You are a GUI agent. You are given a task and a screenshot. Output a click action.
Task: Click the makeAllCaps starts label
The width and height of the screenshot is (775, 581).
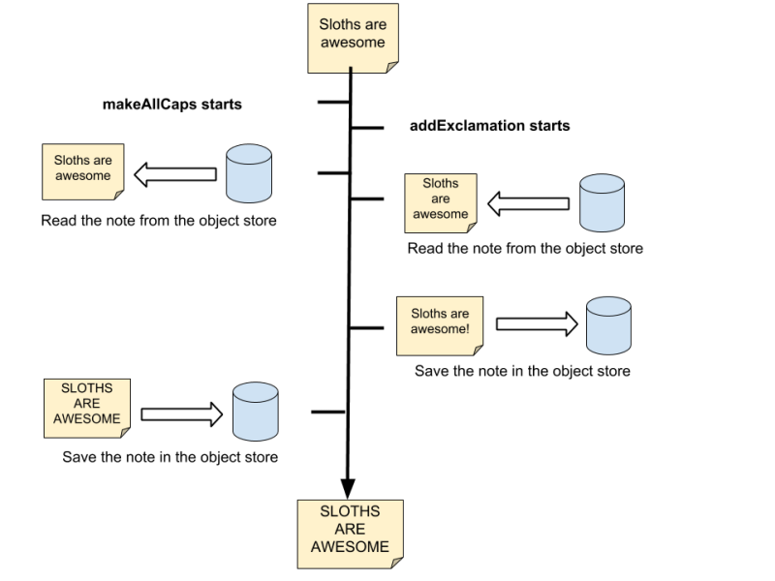[x=172, y=105]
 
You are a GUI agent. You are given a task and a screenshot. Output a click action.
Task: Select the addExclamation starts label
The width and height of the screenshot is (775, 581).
[x=490, y=126]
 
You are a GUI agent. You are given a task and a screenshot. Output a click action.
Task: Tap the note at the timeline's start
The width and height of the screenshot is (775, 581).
[x=353, y=39]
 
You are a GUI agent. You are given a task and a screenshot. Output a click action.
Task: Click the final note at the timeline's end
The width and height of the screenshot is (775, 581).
[x=351, y=535]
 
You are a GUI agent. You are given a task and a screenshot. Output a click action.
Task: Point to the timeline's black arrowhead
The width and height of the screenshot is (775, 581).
[x=348, y=488]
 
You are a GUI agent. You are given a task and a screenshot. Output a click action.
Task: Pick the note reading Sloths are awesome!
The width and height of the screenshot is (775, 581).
[x=440, y=326]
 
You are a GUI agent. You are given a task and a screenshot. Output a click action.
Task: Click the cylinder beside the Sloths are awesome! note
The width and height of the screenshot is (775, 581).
[x=608, y=325]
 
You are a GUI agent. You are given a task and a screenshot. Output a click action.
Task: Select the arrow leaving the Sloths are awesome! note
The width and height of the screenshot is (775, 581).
[x=538, y=324]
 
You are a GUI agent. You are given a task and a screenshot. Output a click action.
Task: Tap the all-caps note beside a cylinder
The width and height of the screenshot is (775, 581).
[x=87, y=409]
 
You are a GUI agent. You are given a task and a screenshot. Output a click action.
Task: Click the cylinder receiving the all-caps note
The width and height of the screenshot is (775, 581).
[x=256, y=411]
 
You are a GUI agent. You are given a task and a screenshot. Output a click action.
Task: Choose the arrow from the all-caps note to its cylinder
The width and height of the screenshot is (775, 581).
[x=182, y=414]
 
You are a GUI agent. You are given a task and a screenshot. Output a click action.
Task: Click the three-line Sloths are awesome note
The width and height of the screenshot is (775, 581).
[x=441, y=203]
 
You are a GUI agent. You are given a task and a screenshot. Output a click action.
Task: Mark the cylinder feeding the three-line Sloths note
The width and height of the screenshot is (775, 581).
[x=602, y=202]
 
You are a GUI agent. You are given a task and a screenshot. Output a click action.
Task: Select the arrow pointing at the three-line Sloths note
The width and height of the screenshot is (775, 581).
[x=528, y=203]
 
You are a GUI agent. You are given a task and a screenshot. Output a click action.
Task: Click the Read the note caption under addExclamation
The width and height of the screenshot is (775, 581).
[x=525, y=249]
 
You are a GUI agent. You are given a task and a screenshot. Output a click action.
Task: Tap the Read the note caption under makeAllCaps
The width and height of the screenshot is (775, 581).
[x=159, y=221]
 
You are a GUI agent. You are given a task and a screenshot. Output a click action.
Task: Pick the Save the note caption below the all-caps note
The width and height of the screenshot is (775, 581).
[x=170, y=457]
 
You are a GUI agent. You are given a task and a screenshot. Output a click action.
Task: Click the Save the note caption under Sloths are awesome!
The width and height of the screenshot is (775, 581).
[x=522, y=371]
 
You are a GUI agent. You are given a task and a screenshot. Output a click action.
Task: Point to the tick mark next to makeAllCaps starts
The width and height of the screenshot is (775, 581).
[x=333, y=103]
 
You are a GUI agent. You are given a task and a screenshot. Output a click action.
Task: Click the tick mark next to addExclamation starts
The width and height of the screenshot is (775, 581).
[x=367, y=128]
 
